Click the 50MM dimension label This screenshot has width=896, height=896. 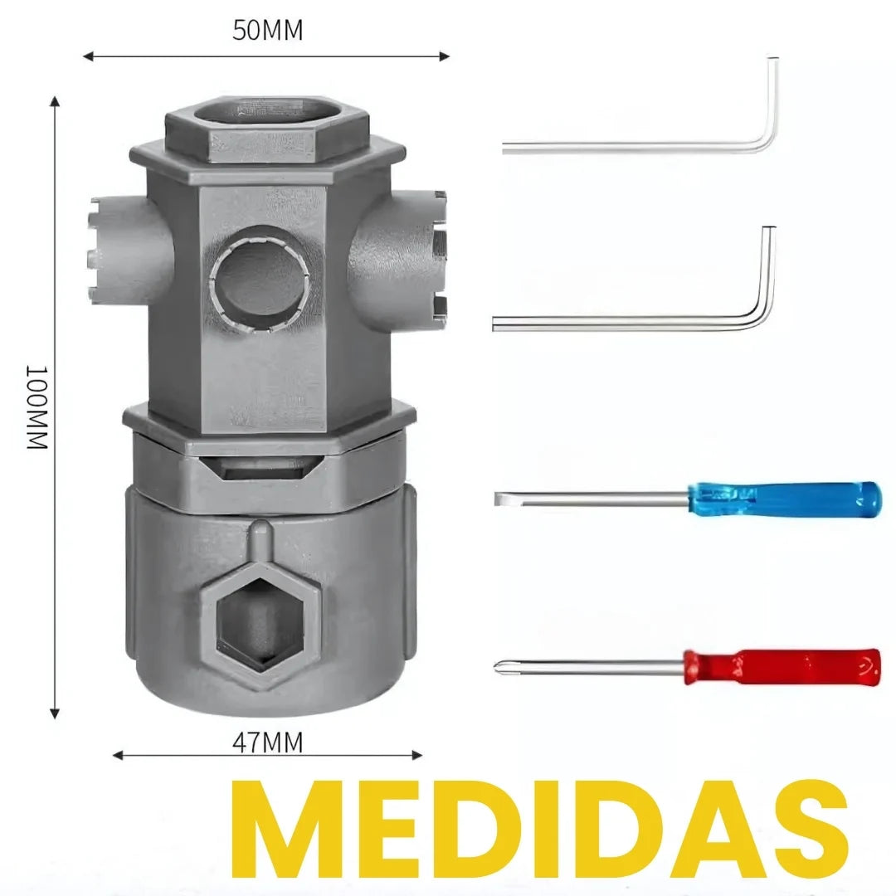coord(267,31)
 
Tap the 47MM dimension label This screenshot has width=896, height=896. coord(267,743)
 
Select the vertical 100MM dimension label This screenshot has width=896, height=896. coord(38,407)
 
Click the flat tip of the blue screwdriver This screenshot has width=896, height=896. coord(500,499)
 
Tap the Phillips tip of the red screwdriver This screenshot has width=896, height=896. coord(499,666)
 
